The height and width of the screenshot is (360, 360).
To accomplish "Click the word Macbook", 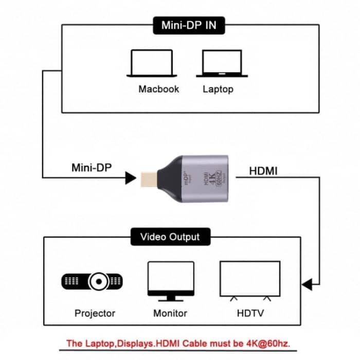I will (x=158, y=89).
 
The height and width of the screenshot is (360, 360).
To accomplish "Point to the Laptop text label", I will (x=218, y=89).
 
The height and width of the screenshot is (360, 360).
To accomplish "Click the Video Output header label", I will (x=170, y=237).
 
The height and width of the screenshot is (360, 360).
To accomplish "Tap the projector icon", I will (x=93, y=281).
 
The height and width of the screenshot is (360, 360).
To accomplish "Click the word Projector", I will (x=95, y=313).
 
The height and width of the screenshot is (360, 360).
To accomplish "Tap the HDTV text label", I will (x=250, y=313).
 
